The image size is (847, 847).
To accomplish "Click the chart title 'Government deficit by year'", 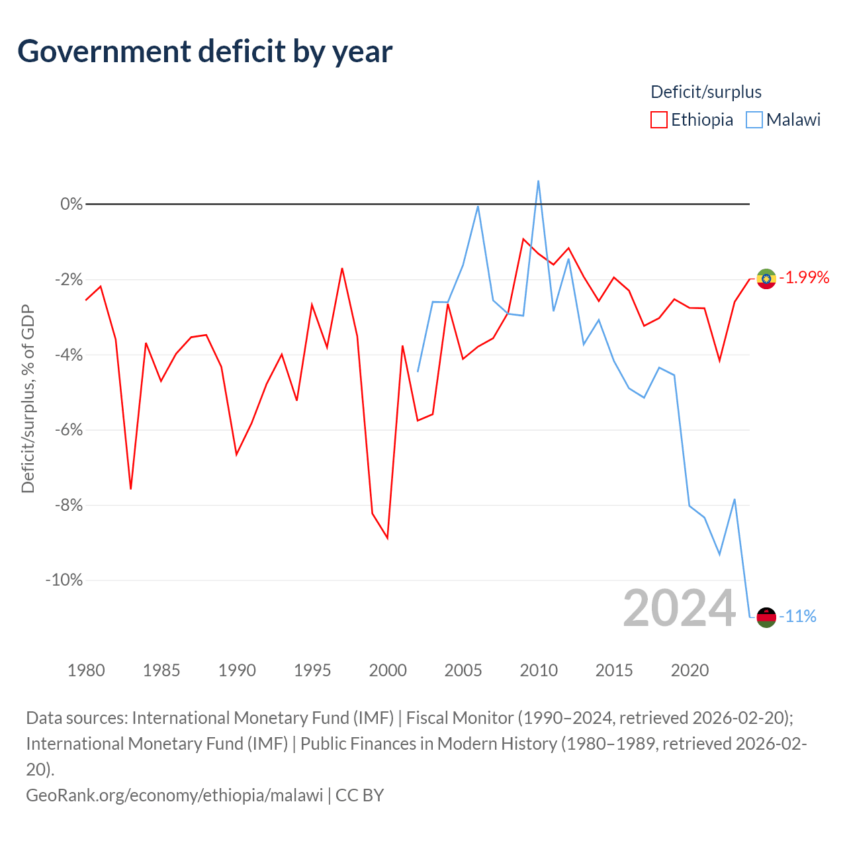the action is [x=204, y=52].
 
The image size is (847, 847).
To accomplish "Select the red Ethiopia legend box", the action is [x=658, y=120].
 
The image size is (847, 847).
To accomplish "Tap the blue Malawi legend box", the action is [x=754, y=120].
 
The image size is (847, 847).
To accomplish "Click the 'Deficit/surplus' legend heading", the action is [x=705, y=92].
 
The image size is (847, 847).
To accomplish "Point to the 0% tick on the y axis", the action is [x=71, y=204].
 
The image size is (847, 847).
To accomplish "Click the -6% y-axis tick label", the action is [x=69, y=430].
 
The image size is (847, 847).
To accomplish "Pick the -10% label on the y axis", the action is [x=64, y=580].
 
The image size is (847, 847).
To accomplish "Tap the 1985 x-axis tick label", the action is [x=161, y=670].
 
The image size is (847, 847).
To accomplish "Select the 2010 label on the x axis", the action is [x=539, y=670].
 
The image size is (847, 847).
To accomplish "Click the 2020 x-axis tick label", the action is [x=690, y=670].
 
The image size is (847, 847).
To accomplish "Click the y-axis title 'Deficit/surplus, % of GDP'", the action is [x=28, y=398].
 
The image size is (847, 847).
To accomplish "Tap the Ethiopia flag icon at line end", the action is [x=766, y=279].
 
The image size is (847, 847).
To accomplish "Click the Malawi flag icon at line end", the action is [x=766, y=617].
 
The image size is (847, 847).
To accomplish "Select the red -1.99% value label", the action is [x=804, y=278].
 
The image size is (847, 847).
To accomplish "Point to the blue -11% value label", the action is [x=797, y=616].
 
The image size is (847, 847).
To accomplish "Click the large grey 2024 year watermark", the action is [x=679, y=608].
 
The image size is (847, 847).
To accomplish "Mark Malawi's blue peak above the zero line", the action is [x=538, y=181].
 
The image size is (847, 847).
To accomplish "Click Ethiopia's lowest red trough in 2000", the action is [x=387, y=538].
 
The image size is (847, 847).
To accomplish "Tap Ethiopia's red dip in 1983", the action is [x=130, y=488].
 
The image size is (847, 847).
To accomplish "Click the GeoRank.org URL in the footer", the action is [x=175, y=795].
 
